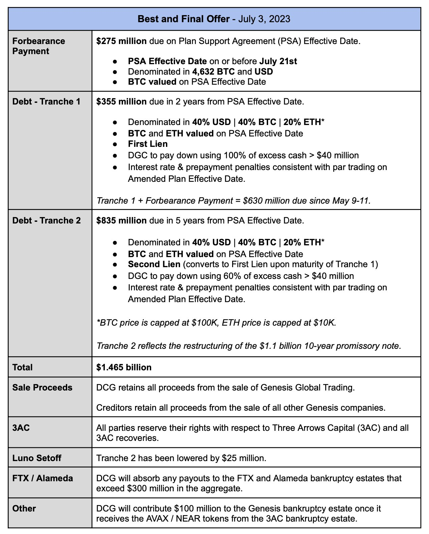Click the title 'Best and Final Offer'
[x=183, y=19]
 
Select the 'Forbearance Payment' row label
[x=39, y=46]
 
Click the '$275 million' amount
[x=121, y=41]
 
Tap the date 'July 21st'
[x=278, y=61]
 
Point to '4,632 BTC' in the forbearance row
[x=213, y=72]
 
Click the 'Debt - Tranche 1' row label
[x=46, y=101]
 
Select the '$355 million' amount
[x=121, y=101]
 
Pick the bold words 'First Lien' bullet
[x=147, y=144]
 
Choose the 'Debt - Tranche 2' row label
[x=46, y=220]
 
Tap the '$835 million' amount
[x=121, y=220]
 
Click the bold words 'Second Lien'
[x=154, y=264]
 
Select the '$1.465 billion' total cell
[x=124, y=367]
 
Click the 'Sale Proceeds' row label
[x=42, y=387]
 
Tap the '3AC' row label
[x=21, y=428]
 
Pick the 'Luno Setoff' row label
[x=37, y=458]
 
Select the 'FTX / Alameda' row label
[x=43, y=478]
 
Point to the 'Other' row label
[x=24, y=508]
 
